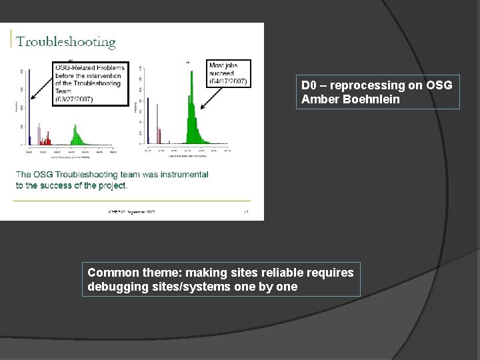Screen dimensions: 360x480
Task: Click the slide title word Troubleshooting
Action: tap(66, 42)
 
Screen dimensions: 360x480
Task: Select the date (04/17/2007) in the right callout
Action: tap(228, 81)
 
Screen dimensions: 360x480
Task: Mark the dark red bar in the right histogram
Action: tap(161, 135)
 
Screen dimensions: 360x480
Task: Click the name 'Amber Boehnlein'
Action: tap(351, 100)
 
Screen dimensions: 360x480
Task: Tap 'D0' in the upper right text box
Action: tap(308, 85)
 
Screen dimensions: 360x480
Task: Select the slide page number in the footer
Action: tap(245, 212)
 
